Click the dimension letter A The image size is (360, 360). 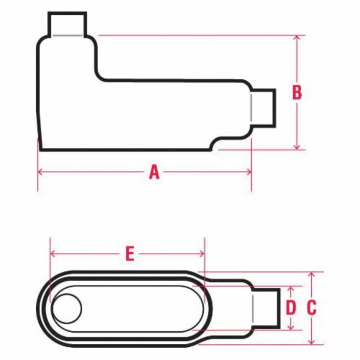click(154, 172)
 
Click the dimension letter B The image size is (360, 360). click(297, 93)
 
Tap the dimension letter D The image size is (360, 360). click(291, 308)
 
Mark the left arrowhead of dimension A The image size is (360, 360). click(41, 172)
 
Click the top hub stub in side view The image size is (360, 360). click(67, 24)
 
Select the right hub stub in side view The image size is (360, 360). click(263, 108)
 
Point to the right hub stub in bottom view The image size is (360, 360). click(265, 308)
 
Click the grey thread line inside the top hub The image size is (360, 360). click(67, 35)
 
